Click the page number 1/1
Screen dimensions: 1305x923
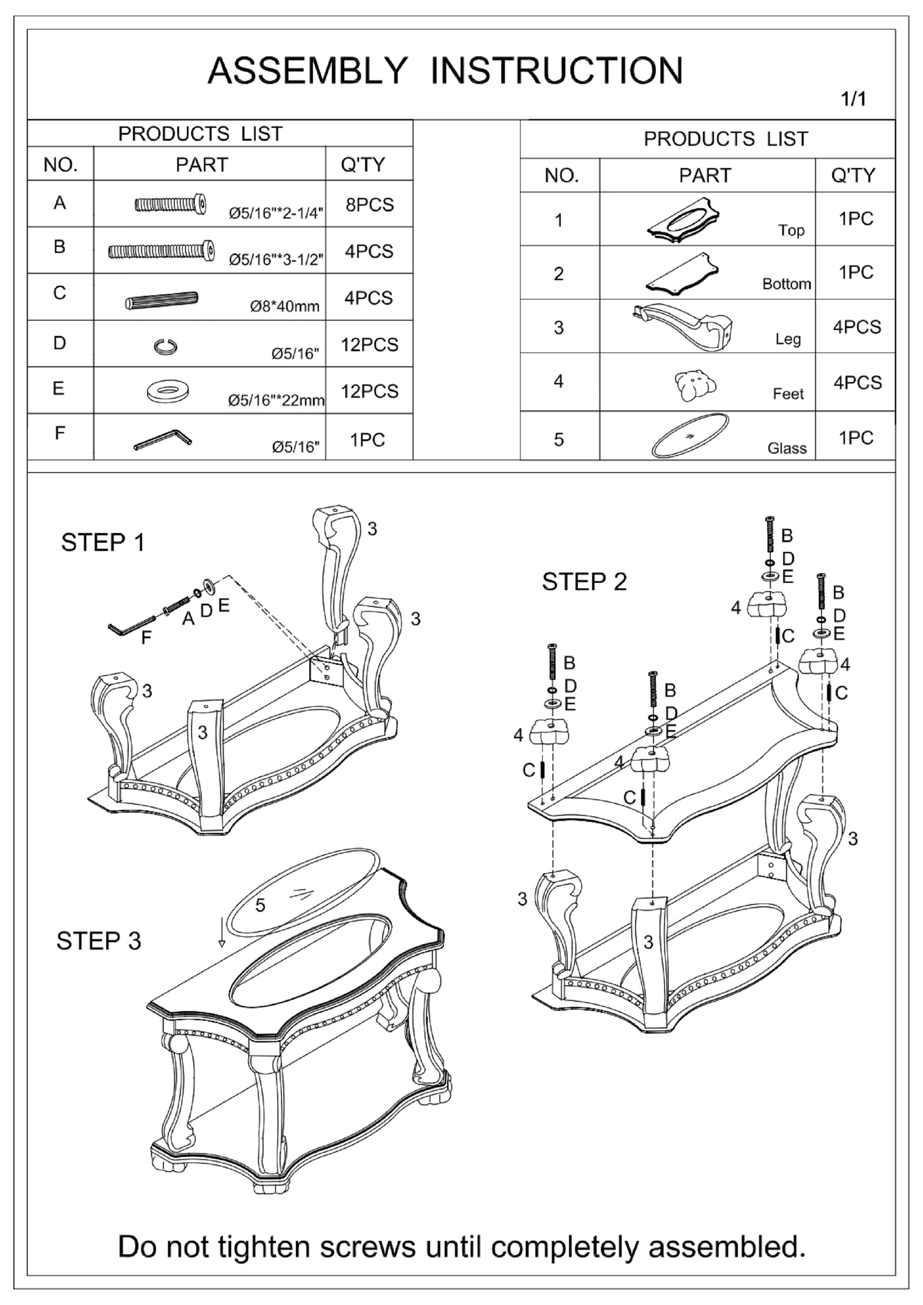(x=853, y=99)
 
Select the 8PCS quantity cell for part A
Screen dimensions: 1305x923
(x=369, y=204)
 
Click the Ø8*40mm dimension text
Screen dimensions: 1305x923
(x=285, y=307)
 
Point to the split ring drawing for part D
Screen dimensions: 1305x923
(x=166, y=346)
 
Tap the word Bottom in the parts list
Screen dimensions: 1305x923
(x=786, y=284)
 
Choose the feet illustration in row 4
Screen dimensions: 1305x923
(x=695, y=386)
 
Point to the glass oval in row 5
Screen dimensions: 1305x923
(x=691, y=435)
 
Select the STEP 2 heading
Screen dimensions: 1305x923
(x=584, y=581)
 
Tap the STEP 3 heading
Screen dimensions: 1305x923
(x=98, y=941)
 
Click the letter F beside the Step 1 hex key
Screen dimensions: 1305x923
(x=146, y=639)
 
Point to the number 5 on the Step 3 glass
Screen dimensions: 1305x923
(x=260, y=905)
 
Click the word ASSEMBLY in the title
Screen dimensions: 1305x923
(x=307, y=71)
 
